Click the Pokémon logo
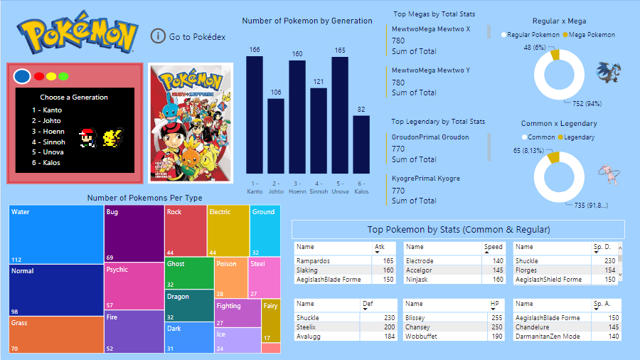[x=78, y=33]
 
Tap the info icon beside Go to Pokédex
[x=158, y=36]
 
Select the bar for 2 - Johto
[x=276, y=135]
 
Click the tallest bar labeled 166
[x=255, y=114]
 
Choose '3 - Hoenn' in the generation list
[x=48, y=131]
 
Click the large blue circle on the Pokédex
[x=22, y=75]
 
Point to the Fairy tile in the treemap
[x=270, y=320]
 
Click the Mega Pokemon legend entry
[x=588, y=34]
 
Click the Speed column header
[x=493, y=247]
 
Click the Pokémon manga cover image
[x=190, y=123]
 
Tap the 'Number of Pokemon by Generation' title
[x=307, y=21]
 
